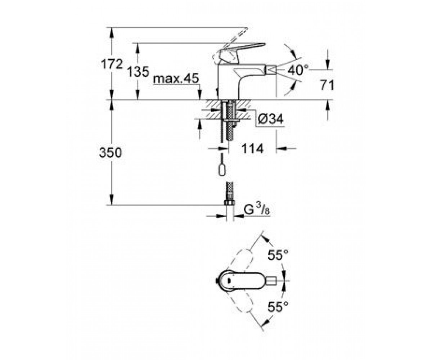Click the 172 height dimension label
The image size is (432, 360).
(112, 64)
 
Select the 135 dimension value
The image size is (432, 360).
(138, 72)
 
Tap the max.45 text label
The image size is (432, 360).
(176, 78)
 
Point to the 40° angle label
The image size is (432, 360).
(298, 70)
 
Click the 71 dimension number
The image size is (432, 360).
(327, 85)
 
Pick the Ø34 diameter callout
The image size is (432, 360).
(271, 119)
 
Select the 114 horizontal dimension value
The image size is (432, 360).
(252, 148)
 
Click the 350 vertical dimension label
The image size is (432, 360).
(110, 153)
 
